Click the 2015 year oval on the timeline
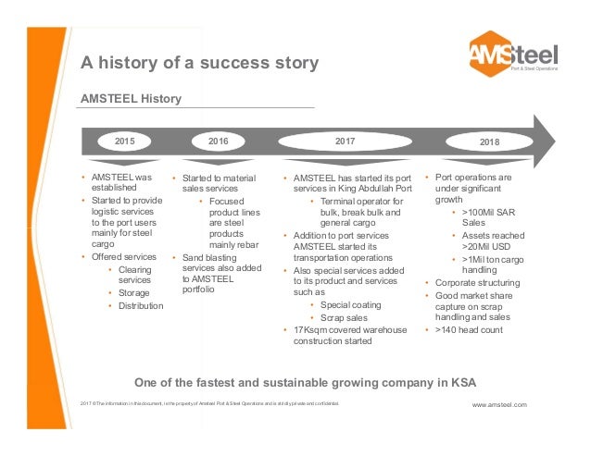click(124, 142)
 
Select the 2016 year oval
click(218, 142)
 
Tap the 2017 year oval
click(345, 142)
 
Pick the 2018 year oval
click(489, 142)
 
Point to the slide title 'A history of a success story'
click(199, 64)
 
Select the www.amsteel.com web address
click(498, 405)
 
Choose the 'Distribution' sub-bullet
click(141, 306)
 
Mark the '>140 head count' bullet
click(471, 329)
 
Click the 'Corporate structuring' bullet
click(477, 282)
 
